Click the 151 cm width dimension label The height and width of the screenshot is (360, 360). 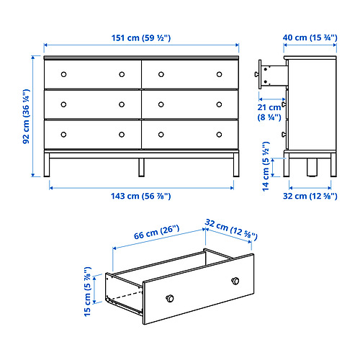[141, 38]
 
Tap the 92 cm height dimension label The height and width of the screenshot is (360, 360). [26, 117]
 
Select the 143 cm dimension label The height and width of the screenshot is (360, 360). [141, 196]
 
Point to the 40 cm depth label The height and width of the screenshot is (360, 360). [310, 37]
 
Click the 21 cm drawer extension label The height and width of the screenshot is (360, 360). [269, 112]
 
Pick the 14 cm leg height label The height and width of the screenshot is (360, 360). [266, 166]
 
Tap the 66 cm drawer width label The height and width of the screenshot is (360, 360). [156, 232]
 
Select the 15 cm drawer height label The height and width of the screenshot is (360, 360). [88, 292]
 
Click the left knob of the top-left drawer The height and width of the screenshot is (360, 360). [63, 74]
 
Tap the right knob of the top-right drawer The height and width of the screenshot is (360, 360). [219, 74]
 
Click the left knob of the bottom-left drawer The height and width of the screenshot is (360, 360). [63, 135]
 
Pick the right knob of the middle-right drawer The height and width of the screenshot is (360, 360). [219, 104]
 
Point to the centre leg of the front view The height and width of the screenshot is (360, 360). [142, 167]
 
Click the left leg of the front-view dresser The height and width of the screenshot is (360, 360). [47, 165]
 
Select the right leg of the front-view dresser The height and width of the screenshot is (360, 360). [236, 165]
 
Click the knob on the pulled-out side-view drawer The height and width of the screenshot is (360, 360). [257, 74]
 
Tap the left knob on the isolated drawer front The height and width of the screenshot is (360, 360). [170, 299]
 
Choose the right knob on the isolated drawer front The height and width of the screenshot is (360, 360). [235, 281]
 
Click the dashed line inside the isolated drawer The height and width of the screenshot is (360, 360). [127, 296]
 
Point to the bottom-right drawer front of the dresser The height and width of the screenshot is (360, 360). [190, 135]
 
